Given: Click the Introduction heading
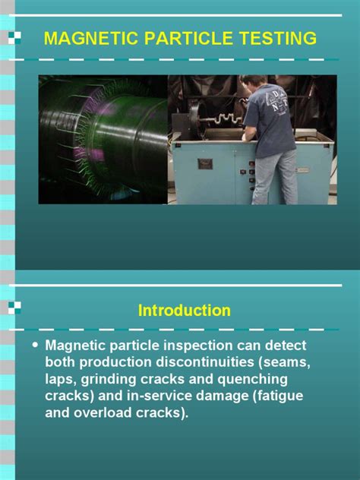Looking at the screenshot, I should click(185, 311).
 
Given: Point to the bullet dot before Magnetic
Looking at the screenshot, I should click(34, 345).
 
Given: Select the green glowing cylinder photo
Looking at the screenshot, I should click(103, 139).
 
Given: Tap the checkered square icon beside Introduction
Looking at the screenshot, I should click(14, 308).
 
